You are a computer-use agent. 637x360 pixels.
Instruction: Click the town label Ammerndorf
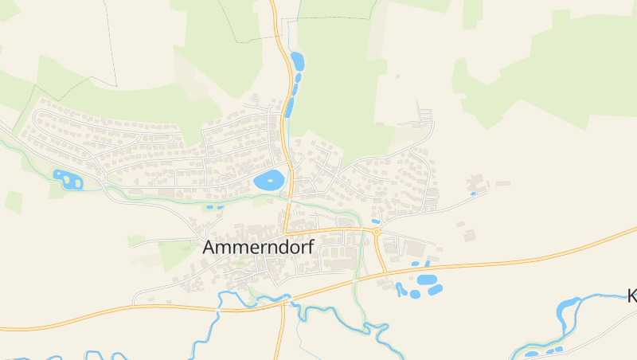(259, 247)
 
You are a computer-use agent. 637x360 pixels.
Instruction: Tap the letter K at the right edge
(632, 296)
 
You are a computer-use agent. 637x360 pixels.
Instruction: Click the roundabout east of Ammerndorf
(376, 232)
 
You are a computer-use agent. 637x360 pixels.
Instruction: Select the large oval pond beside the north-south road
(269, 180)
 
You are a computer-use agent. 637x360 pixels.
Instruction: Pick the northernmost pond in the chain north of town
(297, 61)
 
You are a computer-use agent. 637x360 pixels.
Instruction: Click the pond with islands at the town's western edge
(67, 179)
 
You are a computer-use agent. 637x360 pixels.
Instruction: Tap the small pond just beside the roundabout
(376, 221)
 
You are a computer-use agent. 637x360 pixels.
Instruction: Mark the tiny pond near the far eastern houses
(473, 193)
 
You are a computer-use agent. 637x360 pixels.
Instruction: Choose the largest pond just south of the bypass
(428, 280)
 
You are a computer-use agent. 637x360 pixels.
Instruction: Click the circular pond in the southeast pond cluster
(415, 294)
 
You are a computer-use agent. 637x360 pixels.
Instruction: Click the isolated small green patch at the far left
(14, 202)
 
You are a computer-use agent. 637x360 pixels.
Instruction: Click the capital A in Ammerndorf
(209, 248)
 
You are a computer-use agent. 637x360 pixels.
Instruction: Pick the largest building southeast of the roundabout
(414, 248)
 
